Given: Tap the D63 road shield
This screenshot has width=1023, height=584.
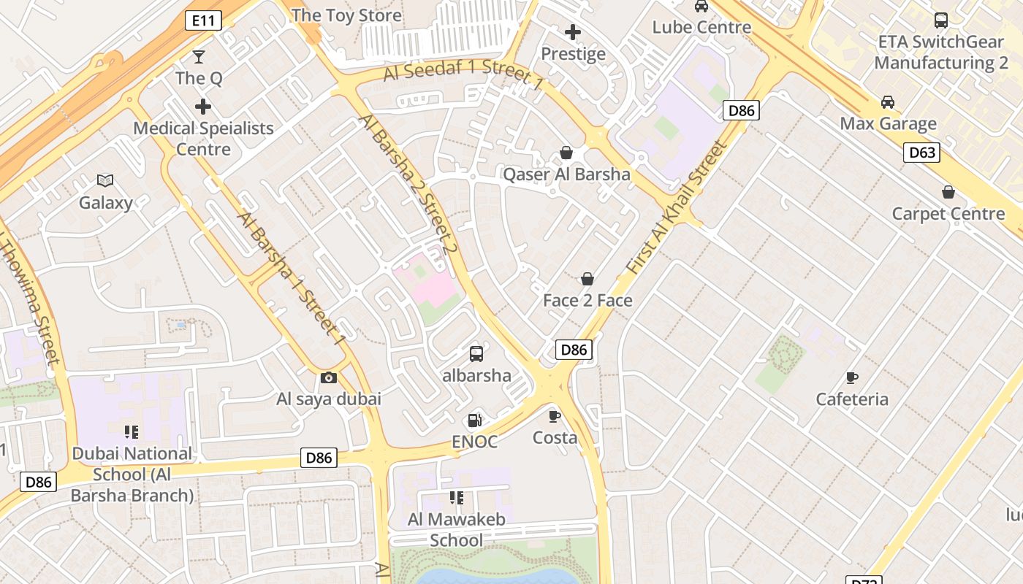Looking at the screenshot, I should (921, 153).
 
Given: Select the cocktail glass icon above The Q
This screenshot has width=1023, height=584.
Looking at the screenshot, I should (198, 57).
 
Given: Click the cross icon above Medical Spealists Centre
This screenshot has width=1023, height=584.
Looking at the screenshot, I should (202, 107).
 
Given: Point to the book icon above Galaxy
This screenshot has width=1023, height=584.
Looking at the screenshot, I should (105, 180).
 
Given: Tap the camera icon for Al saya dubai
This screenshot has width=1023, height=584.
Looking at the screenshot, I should (329, 377).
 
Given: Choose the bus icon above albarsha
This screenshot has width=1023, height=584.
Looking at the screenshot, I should (476, 354).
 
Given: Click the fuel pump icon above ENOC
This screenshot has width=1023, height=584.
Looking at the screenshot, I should (474, 420).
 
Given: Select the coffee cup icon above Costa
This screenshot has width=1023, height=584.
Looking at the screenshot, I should (555, 416).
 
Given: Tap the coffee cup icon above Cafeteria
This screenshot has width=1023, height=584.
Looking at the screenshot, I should (851, 377).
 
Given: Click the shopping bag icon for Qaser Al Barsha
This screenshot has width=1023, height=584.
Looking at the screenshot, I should (566, 153).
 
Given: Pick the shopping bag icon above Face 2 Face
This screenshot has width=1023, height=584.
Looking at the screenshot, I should (587, 279).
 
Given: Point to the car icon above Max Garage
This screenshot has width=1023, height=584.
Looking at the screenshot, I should (887, 102).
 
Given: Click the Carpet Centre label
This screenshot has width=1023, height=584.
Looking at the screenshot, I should (948, 214).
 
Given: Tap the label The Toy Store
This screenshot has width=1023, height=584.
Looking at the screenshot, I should (346, 15).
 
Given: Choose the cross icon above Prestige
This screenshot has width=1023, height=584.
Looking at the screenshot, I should (573, 32).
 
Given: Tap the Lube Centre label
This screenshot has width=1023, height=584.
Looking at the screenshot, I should (701, 27).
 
